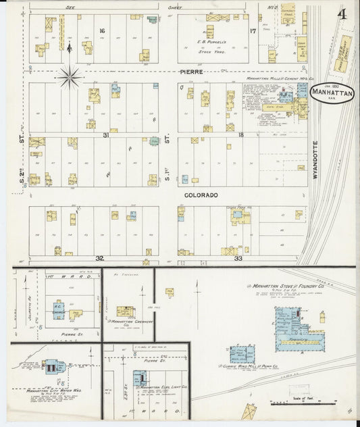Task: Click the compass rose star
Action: tap(69, 77)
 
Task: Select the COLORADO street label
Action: tap(202, 195)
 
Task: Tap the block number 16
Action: tap(103, 31)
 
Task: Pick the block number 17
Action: tap(253, 31)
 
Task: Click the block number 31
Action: tap(106, 135)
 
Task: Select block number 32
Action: tap(99, 258)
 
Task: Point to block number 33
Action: tap(238, 258)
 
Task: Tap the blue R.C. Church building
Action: tap(59, 310)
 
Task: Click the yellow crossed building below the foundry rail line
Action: tap(249, 411)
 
